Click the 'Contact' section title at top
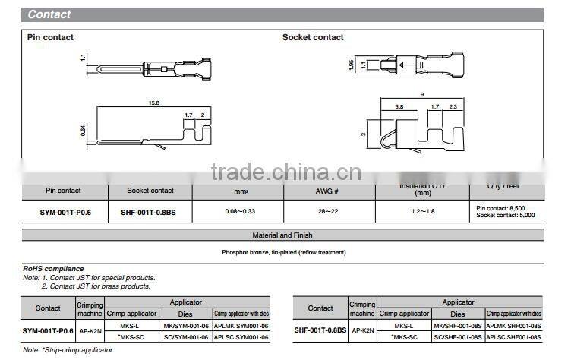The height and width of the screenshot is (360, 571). (49, 14)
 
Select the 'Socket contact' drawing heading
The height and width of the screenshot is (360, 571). (313, 37)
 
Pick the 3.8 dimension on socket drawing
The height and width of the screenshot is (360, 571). (399, 107)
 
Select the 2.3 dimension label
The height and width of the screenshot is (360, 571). (453, 107)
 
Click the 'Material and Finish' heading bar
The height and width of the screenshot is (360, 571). (282, 235)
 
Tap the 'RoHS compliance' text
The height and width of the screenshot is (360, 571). (55, 269)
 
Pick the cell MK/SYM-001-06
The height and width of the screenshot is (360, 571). (186, 325)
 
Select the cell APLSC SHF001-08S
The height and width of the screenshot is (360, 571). (514, 336)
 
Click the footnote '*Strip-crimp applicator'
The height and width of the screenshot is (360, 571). (68, 350)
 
